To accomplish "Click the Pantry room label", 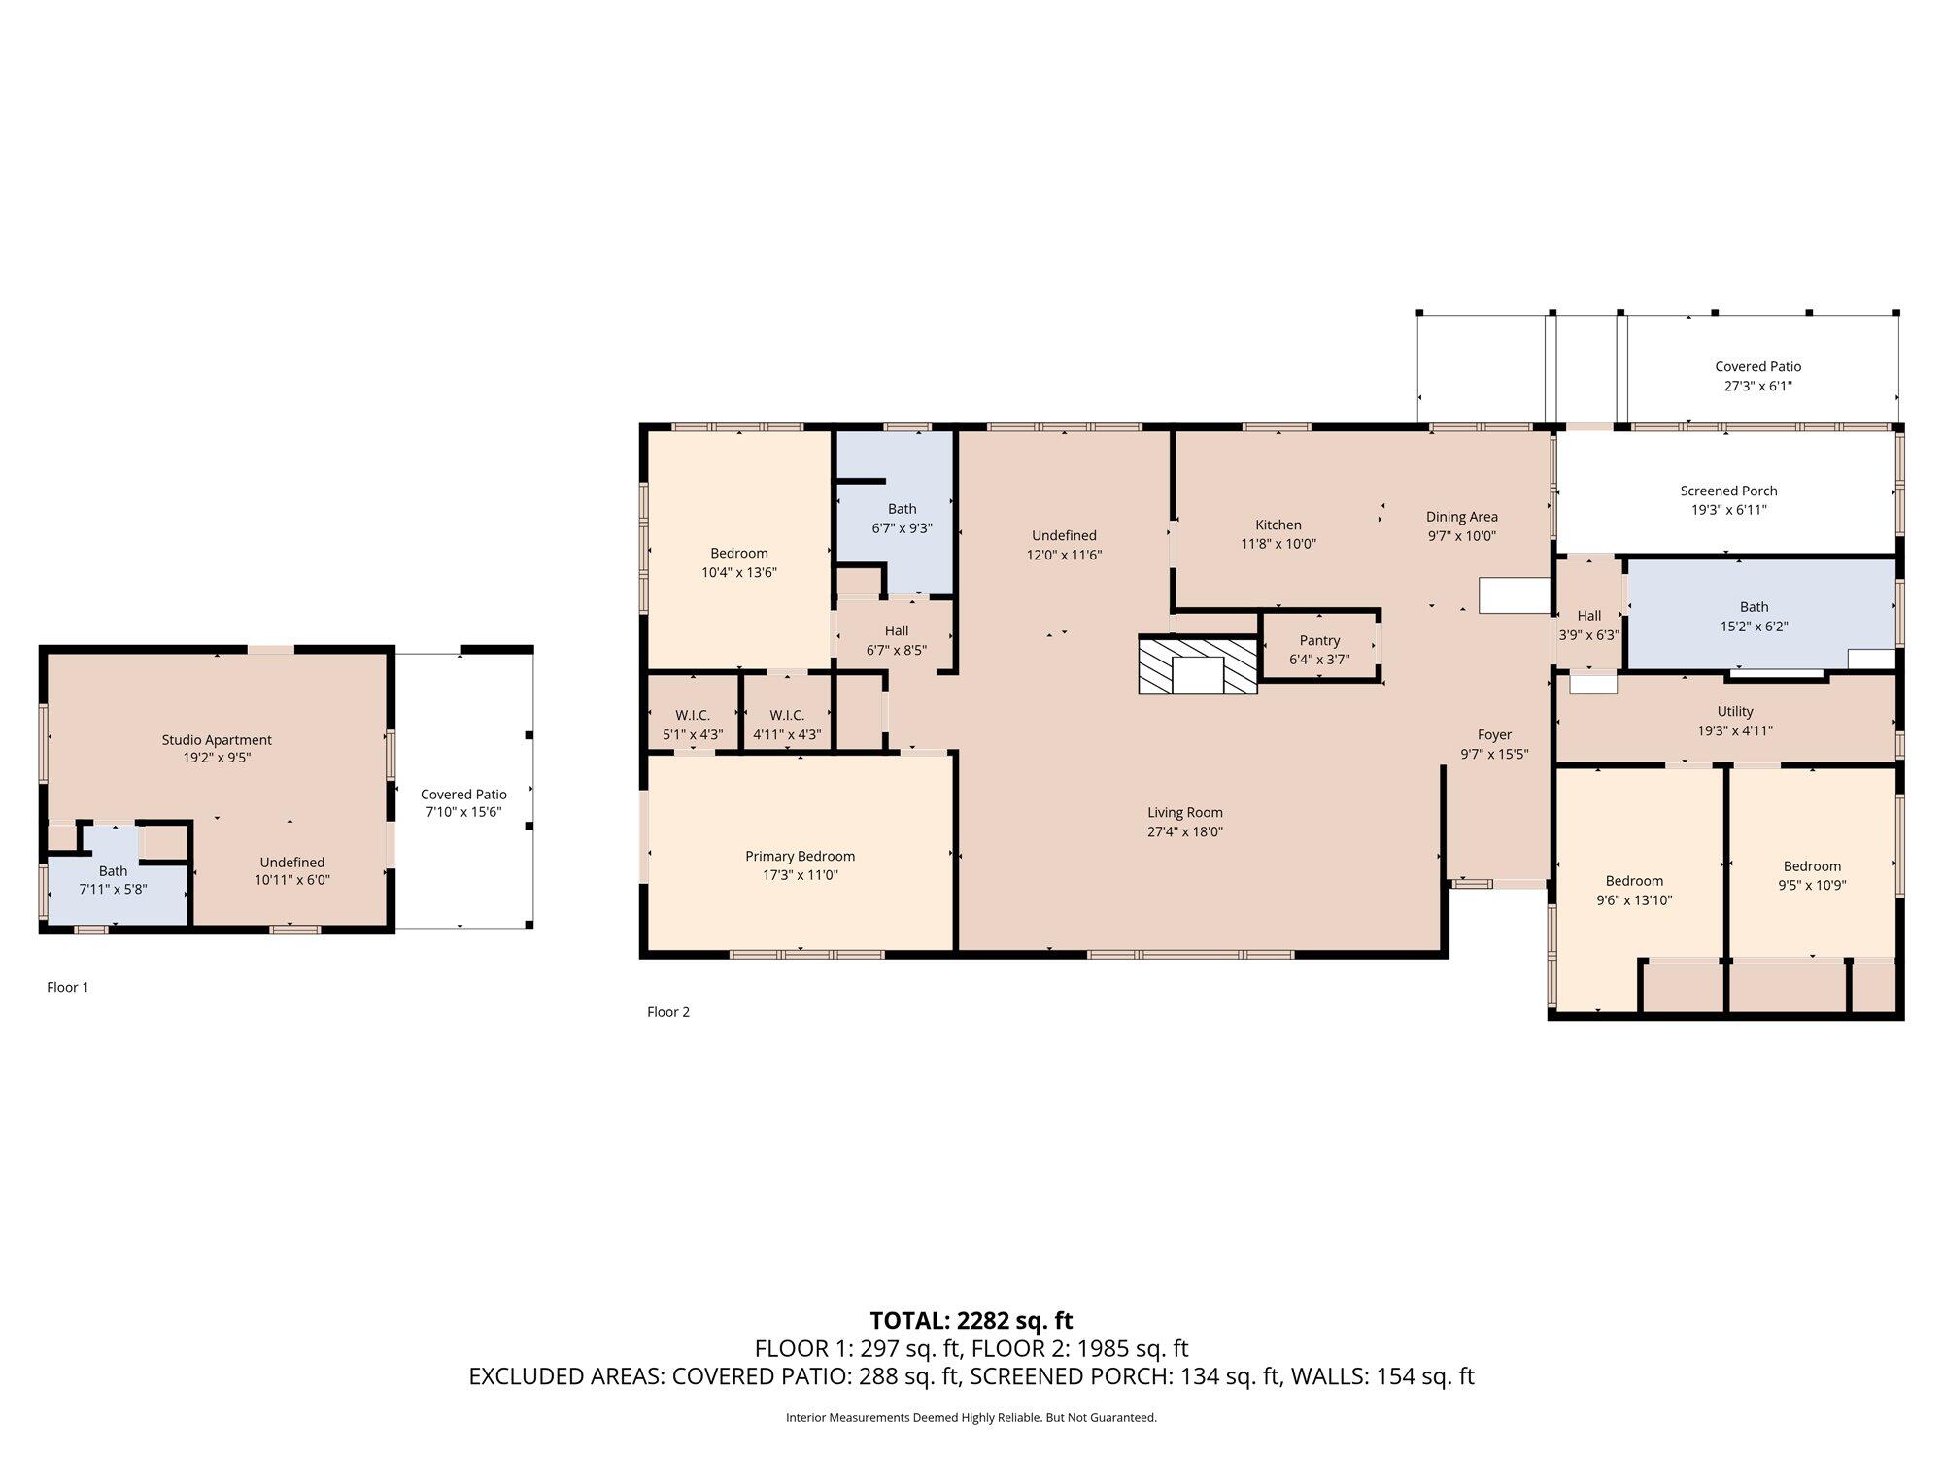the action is point(1319,640).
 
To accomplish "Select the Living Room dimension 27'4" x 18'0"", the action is point(1184,831).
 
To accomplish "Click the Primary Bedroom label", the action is point(800,856).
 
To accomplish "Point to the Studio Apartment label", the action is point(217,740).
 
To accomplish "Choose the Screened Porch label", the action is point(1728,491).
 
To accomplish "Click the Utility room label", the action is point(1734,712).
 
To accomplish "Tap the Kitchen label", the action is point(1278,525).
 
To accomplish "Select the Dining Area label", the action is point(1461,517).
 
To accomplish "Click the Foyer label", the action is point(1494,735).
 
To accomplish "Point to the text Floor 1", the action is point(68,987).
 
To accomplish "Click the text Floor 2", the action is point(668,1011).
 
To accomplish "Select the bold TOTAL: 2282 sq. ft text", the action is point(971,1320).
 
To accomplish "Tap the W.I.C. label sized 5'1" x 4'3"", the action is point(693,716).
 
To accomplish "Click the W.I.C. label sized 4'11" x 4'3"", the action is point(787,716).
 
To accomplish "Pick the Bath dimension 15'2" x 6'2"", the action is point(1754,627).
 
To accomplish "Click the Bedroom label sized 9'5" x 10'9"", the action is point(1812,866).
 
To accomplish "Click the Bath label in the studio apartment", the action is point(113,871).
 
